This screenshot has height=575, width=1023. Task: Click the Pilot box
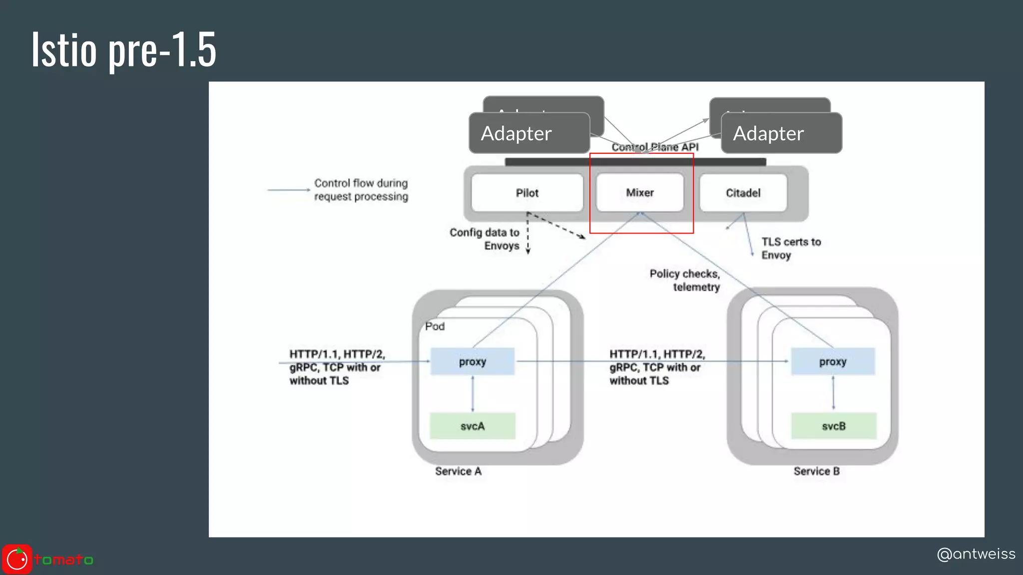coord(527,193)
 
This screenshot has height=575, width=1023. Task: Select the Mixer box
coord(640,193)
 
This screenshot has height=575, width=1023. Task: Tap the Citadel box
coord(743,193)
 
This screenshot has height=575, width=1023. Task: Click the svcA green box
coord(473,426)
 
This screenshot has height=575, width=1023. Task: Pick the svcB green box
coord(833,426)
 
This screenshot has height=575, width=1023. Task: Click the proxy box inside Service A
coord(473,361)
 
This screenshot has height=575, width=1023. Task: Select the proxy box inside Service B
coord(833,361)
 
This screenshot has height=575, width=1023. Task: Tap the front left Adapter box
coord(529,133)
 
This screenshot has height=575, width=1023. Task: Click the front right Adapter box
coord(781,133)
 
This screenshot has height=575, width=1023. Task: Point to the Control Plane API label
coord(655,147)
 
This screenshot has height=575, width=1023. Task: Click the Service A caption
coord(458,471)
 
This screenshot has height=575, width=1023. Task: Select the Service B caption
coord(816,471)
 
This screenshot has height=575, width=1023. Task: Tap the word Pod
coord(435,326)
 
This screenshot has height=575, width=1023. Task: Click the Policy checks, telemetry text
coord(685,280)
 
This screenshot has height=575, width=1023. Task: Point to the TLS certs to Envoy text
coord(791,248)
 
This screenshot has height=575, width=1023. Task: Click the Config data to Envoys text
coord(485,239)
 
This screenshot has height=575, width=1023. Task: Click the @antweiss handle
coord(976,554)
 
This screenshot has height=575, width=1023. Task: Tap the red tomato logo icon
coord(17,559)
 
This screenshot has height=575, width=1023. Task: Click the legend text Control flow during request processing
coord(361,190)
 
